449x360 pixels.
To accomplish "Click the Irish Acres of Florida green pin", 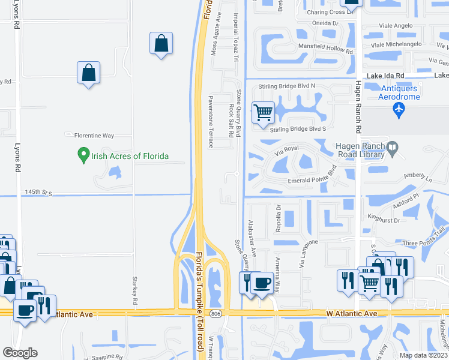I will (84, 156).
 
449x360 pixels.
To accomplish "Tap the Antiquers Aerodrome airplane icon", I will (398, 109).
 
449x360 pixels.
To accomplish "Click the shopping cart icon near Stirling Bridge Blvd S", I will (263, 112).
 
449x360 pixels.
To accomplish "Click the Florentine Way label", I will (93, 134).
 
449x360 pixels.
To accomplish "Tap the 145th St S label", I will (39, 193).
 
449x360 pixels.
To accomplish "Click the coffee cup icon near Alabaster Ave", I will (261, 283).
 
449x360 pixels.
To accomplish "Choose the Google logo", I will (20, 353).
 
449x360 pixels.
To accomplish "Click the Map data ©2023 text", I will (423, 355).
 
